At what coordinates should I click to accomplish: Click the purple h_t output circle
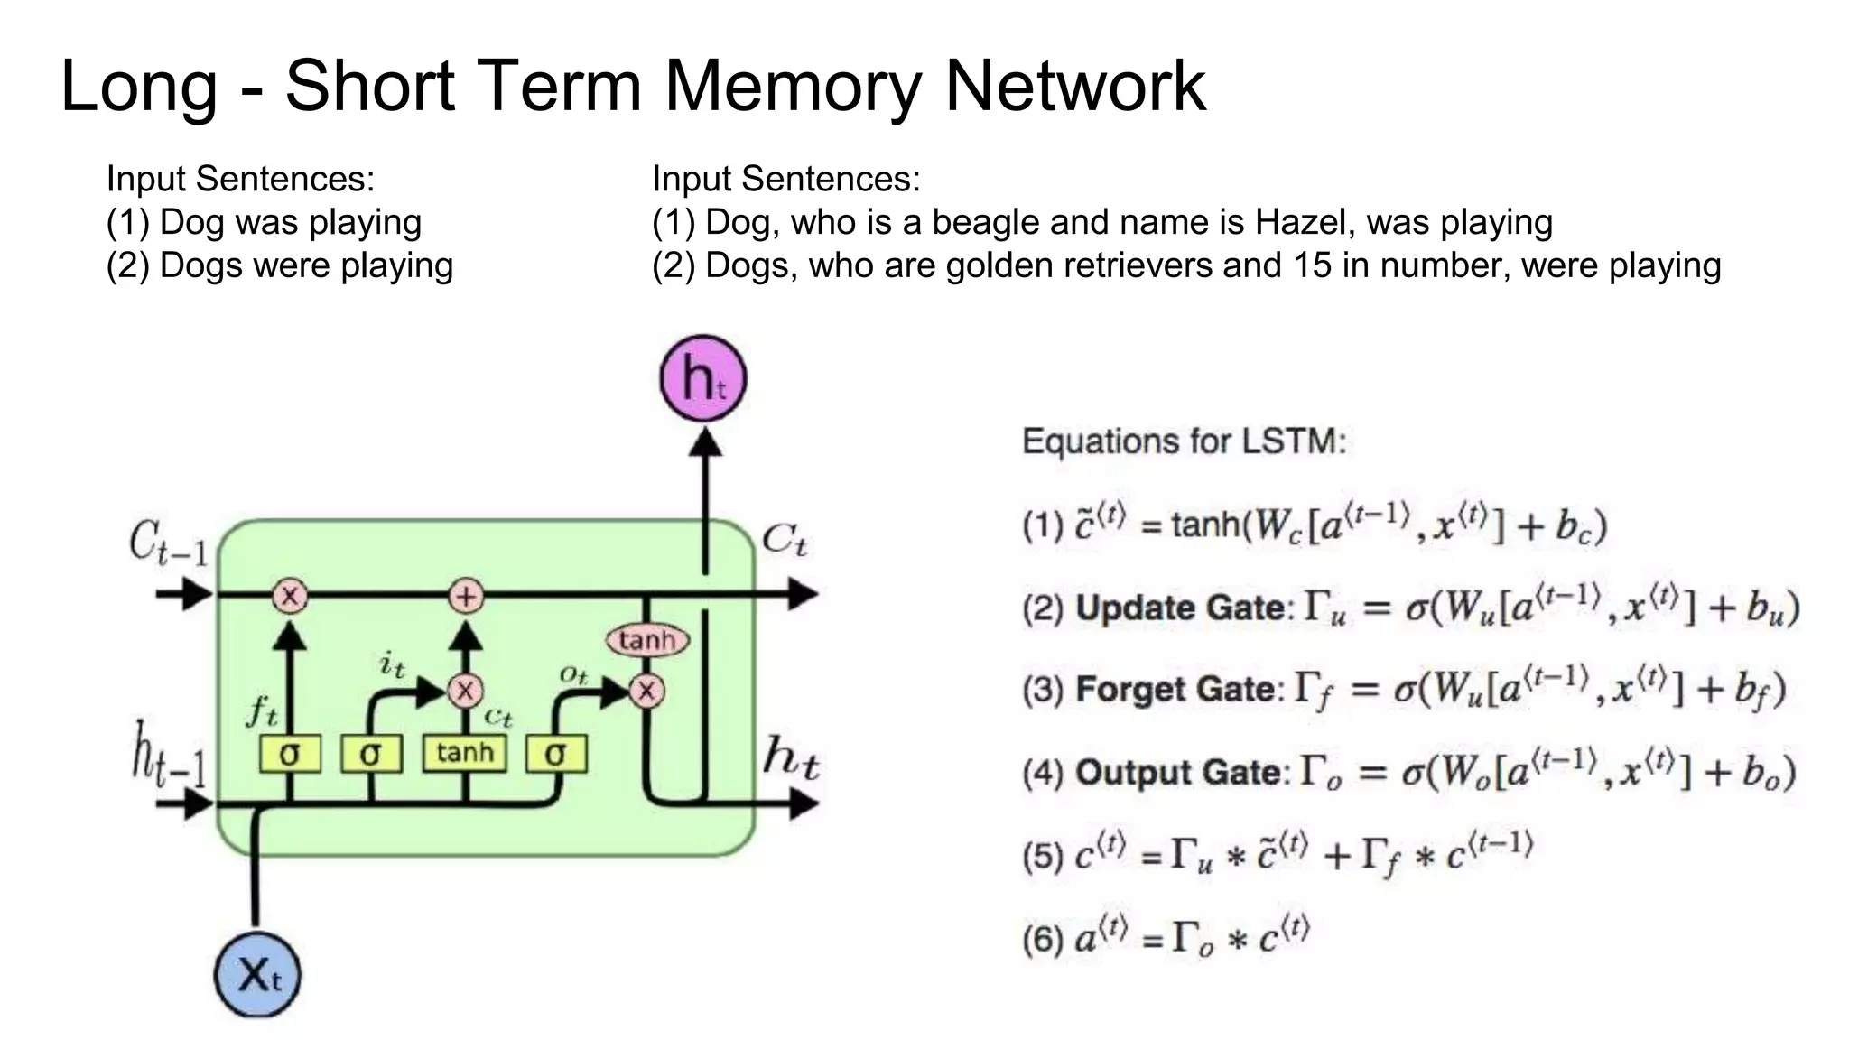(x=703, y=378)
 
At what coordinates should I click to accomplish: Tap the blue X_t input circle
(x=257, y=975)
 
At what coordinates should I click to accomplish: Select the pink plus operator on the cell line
(x=466, y=596)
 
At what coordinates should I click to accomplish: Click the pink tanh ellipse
(x=647, y=640)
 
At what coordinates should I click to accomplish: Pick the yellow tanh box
(x=465, y=753)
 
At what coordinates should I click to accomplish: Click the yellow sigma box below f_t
(x=289, y=754)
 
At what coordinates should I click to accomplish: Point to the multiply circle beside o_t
(x=646, y=692)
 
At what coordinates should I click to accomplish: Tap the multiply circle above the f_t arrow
(x=290, y=596)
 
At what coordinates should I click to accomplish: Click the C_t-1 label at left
(x=168, y=543)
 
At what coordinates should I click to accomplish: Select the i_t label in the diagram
(x=392, y=665)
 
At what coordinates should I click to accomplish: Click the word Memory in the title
(x=793, y=86)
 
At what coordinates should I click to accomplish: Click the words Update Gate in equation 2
(x=1180, y=608)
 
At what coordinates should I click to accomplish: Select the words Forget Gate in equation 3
(x=1175, y=690)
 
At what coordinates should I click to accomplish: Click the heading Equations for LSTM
(x=1184, y=441)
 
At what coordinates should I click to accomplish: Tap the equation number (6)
(x=1043, y=940)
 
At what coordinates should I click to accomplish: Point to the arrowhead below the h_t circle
(x=705, y=441)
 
